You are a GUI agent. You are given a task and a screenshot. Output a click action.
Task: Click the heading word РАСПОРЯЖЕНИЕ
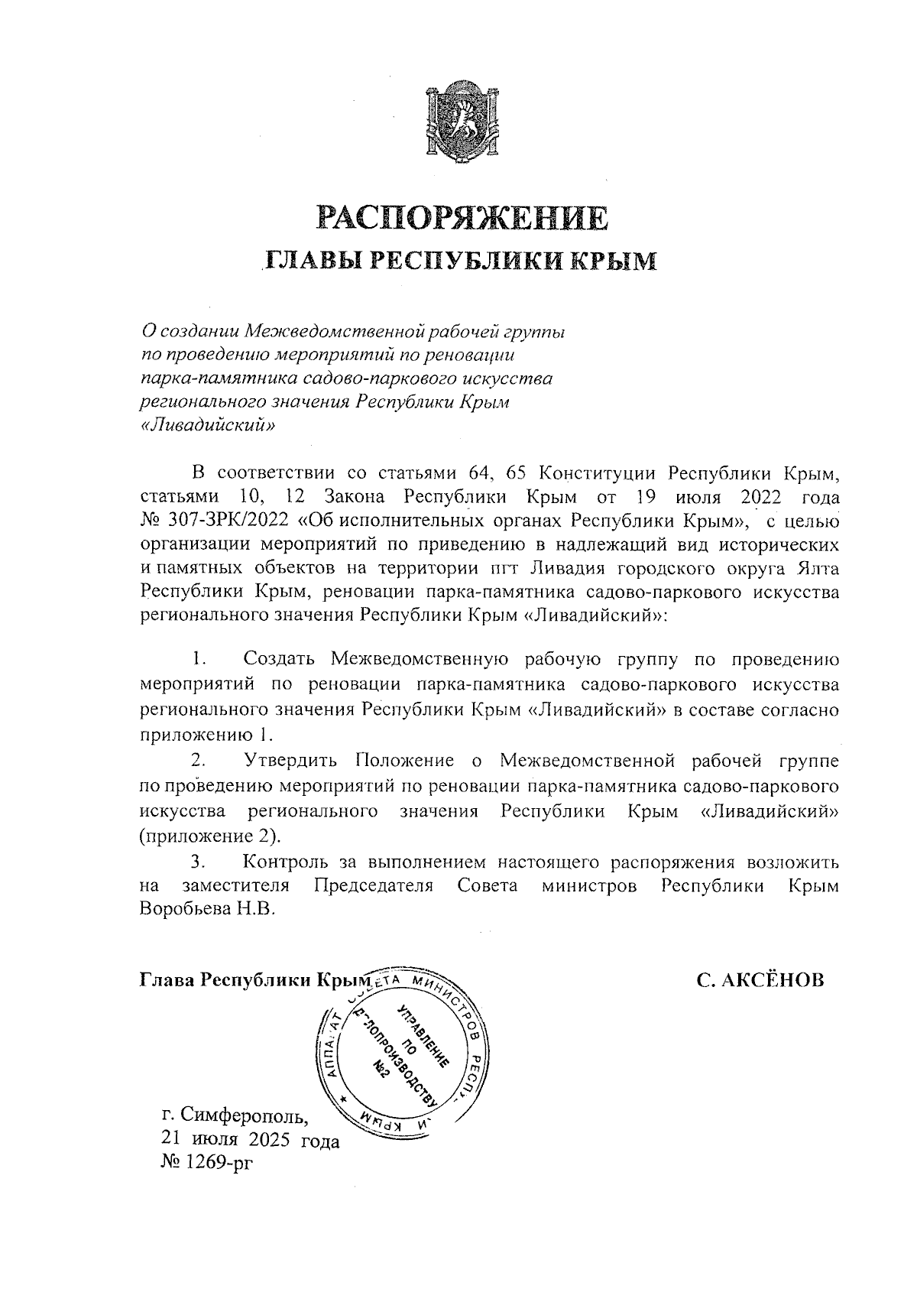pyautogui.click(x=463, y=218)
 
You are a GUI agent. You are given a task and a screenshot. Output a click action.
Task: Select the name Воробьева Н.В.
pyautogui.click(x=206, y=911)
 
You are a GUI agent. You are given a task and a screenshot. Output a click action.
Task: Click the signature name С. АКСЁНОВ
pyautogui.click(x=760, y=979)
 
